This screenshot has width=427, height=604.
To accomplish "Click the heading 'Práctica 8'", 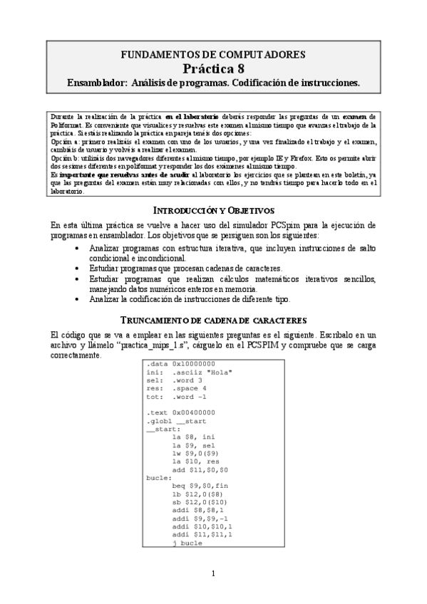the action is (x=213, y=68).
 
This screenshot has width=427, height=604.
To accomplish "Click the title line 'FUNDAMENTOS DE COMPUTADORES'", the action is (x=213, y=54).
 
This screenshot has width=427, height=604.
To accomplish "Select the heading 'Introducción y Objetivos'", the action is (x=213, y=210).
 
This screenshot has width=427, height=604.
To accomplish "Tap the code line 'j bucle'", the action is (x=188, y=543).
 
